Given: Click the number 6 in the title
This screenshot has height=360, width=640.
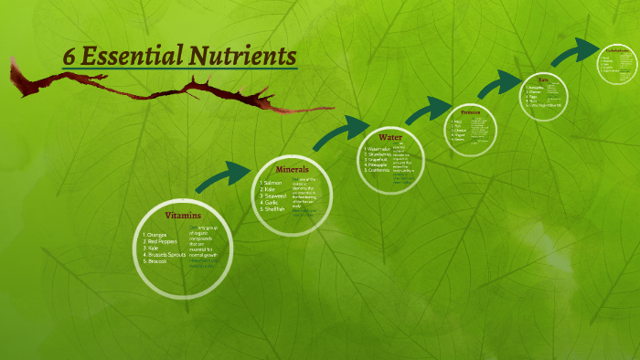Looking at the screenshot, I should tap(69, 57).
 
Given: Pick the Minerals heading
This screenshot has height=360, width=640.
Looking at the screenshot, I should tap(293, 170).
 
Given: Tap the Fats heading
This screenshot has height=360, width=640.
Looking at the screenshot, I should tap(543, 80).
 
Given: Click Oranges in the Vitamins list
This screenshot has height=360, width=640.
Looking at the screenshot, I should tap(158, 235).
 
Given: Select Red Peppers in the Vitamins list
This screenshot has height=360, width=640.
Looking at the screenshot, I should tap(163, 241).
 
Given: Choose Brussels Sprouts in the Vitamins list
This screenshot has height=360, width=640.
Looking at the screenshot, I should tap(166, 255).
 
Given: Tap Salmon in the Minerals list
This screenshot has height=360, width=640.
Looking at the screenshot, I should tap(273, 184).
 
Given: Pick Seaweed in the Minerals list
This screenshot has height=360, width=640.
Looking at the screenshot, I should tap(275, 196).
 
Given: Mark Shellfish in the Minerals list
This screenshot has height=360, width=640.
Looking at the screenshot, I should tap(275, 209).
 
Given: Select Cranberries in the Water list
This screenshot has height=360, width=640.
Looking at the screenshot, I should tap(379, 171).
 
